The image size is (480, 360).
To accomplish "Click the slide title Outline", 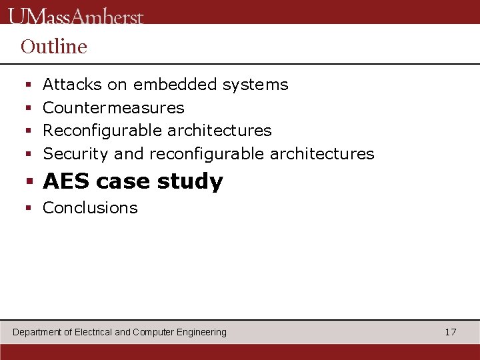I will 54,47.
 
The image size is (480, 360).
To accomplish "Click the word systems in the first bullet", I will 255,85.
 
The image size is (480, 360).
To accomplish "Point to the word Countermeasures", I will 113,108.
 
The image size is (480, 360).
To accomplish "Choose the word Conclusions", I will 90,208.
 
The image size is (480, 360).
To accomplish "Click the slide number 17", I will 451,332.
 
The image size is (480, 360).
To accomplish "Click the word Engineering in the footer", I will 201,332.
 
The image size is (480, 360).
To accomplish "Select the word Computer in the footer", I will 153,332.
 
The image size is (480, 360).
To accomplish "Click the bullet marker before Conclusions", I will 29,209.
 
